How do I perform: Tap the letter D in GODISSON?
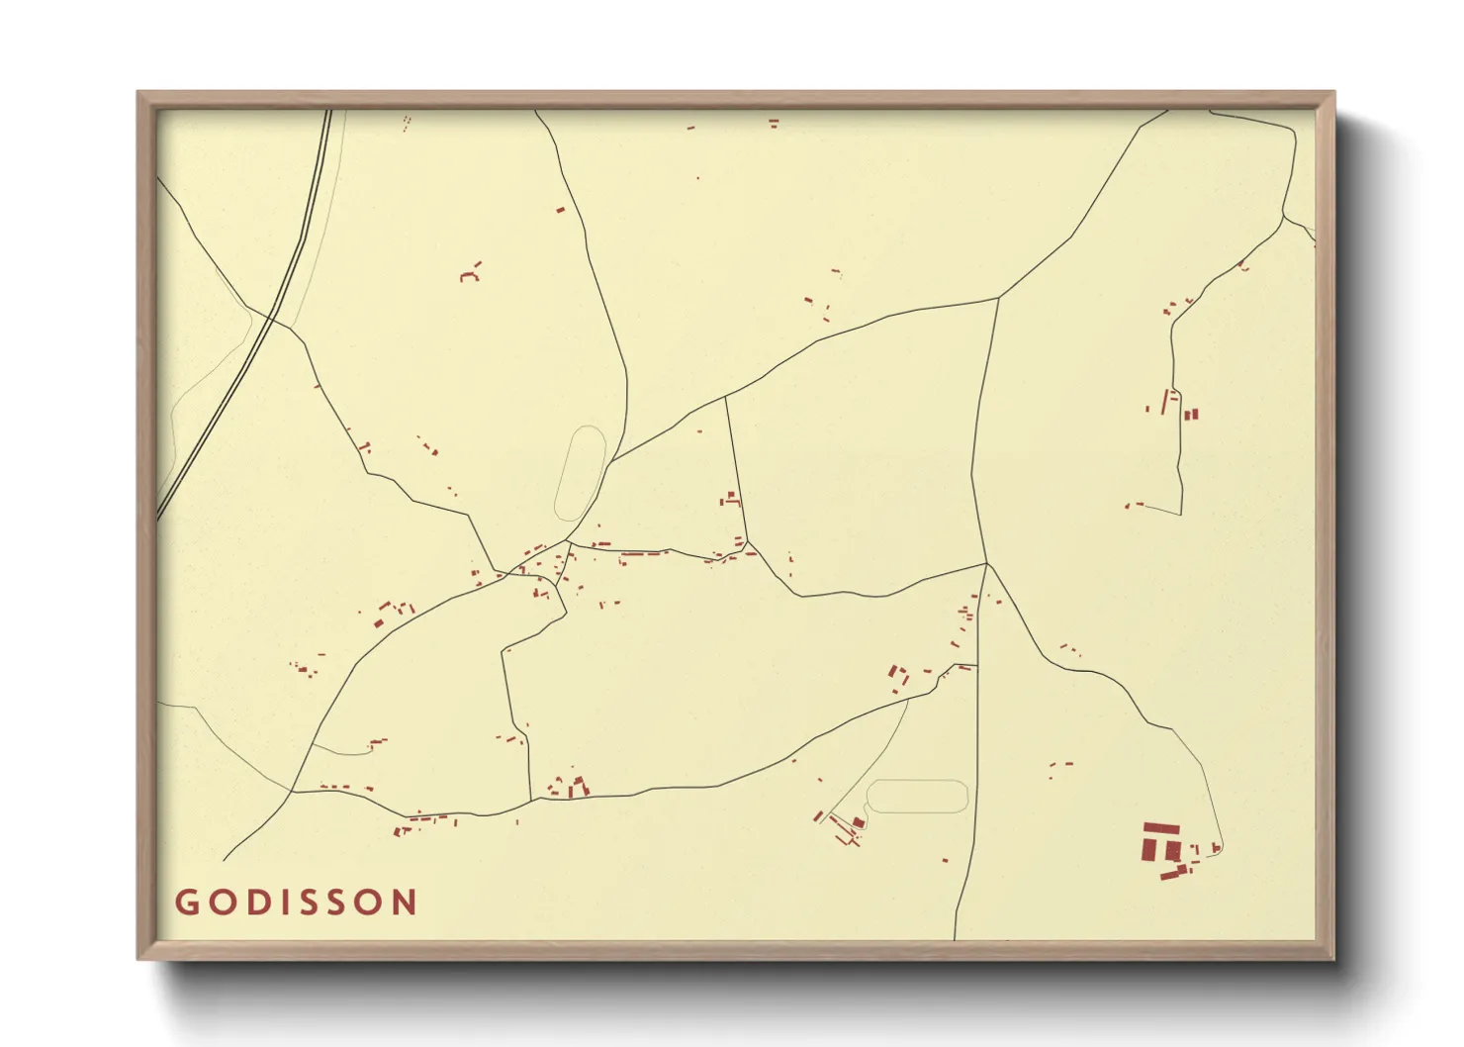click(256, 903)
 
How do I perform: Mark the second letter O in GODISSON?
click(370, 903)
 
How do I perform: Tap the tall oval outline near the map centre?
click(581, 473)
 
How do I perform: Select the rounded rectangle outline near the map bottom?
click(917, 797)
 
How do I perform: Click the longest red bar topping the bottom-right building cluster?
click(1161, 829)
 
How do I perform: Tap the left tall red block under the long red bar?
click(1149, 849)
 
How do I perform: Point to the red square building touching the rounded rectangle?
click(859, 822)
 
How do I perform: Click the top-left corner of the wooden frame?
click(138, 92)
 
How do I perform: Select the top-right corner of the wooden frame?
click(1334, 92)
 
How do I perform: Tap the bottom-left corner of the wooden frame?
click(138, 958)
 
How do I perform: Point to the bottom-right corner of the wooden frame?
click(1334, 958)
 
